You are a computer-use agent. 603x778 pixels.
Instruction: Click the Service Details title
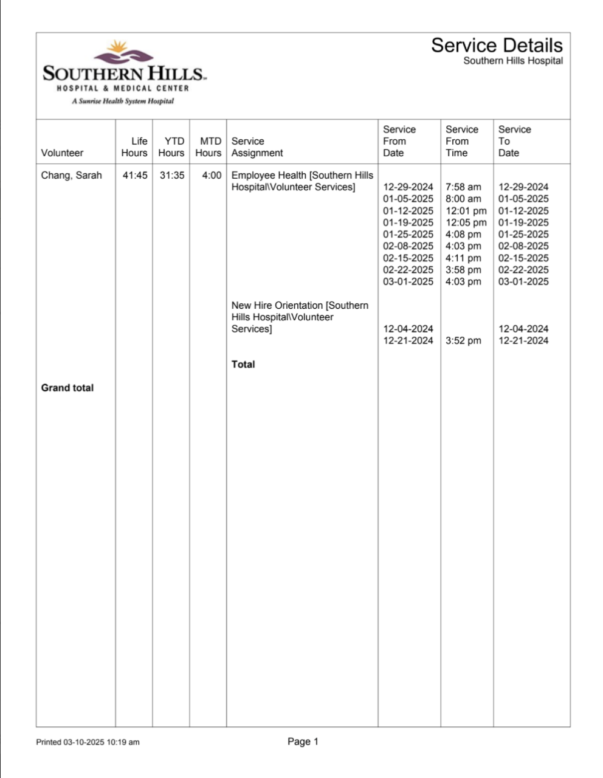point(497,45)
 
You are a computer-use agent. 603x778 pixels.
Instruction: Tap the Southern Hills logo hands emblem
point(123,54)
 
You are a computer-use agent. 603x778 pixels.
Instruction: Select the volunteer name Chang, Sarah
point(71,176)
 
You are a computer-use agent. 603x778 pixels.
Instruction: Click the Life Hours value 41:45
point(134,176)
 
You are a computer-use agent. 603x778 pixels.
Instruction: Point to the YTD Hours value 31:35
point(171,176)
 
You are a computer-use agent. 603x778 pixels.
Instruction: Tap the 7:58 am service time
point(463,187)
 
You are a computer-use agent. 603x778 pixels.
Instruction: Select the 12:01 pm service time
point(466,211)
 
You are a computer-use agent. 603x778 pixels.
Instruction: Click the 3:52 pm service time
point(463,341)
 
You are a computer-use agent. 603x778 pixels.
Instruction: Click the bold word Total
point(243,365)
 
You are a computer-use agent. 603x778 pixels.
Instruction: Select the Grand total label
point(67,388)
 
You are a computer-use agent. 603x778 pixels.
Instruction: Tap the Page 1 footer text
point(303,742)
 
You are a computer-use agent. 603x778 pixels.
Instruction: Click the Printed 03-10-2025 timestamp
point(88,742)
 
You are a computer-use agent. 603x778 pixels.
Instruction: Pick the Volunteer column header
point(62,153)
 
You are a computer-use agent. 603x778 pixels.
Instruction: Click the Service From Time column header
point(462,141)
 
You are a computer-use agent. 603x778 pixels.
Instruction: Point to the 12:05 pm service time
point(466,222)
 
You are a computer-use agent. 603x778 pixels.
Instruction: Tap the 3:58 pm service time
point(463,270)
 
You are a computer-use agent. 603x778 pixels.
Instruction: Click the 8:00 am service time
point(463,199)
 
